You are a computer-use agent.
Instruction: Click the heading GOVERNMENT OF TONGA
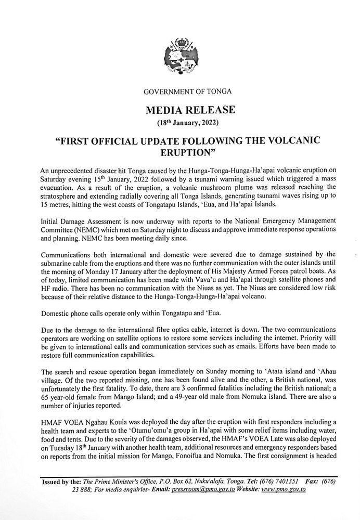click(x=180, y=92)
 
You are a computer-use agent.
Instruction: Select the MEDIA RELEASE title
click(x=180, y=110)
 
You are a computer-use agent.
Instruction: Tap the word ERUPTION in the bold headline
click(x=180, y=153)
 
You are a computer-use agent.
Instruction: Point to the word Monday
click(x=106, y=272)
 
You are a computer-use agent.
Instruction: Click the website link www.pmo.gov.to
click(x=284, y=490)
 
